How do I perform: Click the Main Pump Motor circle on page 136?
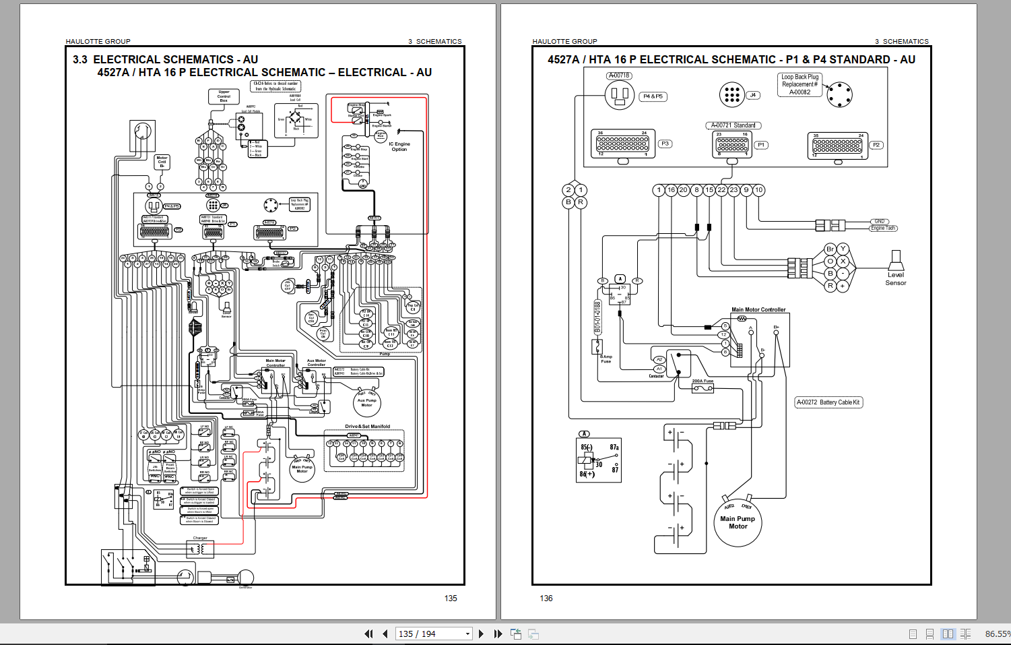click(738, 522)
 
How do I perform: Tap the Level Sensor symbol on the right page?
click(896, 260)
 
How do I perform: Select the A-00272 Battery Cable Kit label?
click(828, 402)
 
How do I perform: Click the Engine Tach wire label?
click(883, 228)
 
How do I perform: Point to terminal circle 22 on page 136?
click(721, 190)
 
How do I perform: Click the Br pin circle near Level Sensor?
click(830, 249)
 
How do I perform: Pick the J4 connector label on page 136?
click(753, 96)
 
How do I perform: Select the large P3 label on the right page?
click(665, 144)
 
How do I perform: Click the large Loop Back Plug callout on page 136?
click(800, 85)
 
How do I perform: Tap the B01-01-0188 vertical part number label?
click(597, 317)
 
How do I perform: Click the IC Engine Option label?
click(399, 146)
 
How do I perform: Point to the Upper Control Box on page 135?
click(224, 96)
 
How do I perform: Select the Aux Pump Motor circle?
click(366, 402)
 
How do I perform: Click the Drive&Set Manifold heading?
click(367, 427)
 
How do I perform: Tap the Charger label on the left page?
click(200, 538)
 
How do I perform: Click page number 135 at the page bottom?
click(451, 598)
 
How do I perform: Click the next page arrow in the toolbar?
click(481, 634)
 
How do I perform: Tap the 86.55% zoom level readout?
click(997, 634)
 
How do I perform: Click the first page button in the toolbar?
click(368, 634)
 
